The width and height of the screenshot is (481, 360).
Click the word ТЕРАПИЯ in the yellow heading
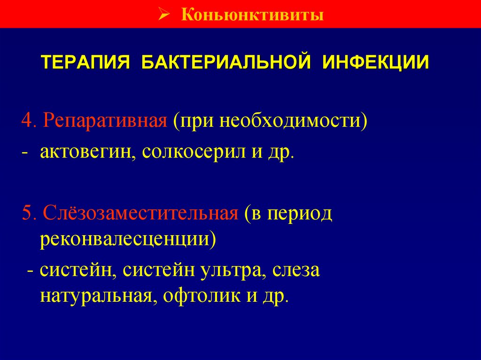point(86,62)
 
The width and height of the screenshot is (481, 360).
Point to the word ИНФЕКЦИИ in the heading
point(375,62)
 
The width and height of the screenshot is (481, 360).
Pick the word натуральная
point(96,297)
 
